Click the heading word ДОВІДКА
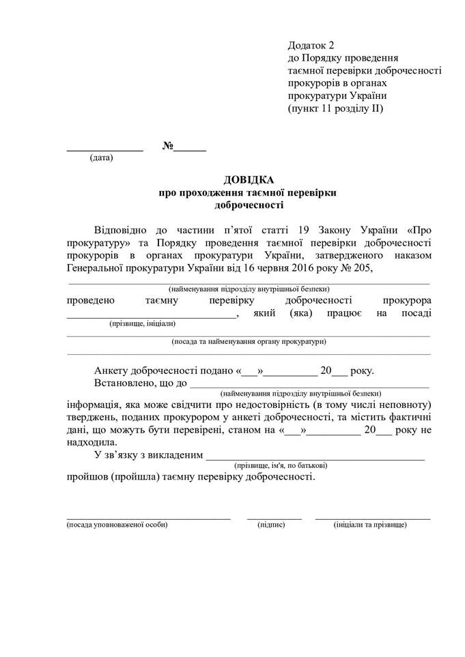click(249, 180)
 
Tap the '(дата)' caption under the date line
click(101, 158)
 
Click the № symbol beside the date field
click(168, 146)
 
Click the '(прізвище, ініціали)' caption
click(143, 323)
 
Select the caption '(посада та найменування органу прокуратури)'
click(249, 341)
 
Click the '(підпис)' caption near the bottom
click(271, 525)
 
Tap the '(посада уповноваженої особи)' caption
click(117, 525)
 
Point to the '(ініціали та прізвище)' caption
click(370, 525)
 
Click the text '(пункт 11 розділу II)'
click(336, 108)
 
